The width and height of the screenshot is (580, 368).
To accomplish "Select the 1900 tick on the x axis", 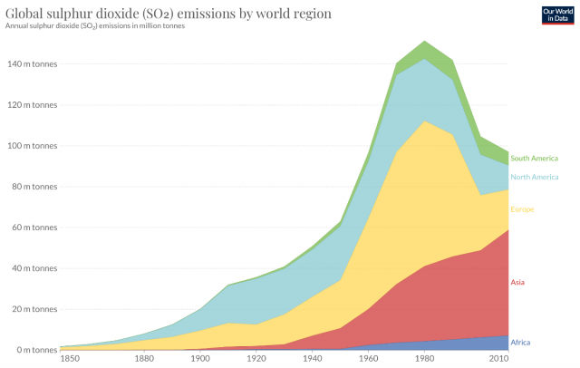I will [x=199, y=360].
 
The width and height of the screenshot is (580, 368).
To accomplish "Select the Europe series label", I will [x=523, y=209].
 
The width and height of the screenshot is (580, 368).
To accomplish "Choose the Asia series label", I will [x=517, y=282].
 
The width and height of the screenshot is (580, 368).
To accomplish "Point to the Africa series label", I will [x=520, y=342].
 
